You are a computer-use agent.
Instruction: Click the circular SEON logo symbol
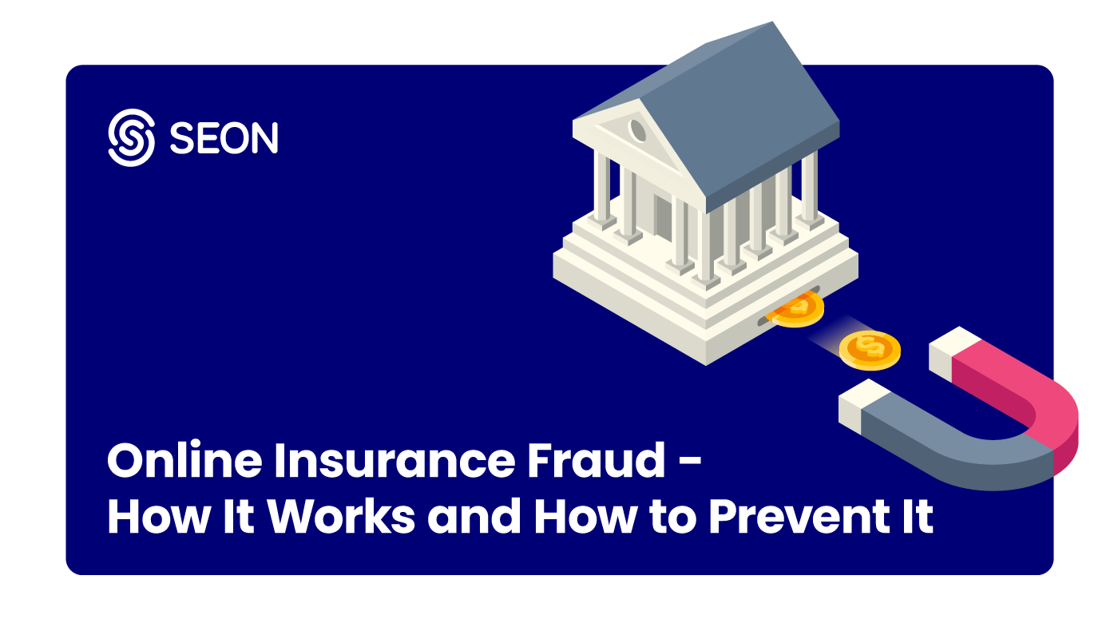[130, 137]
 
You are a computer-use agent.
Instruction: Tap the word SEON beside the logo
[224, 139]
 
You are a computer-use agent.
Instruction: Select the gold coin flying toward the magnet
[870, 349]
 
